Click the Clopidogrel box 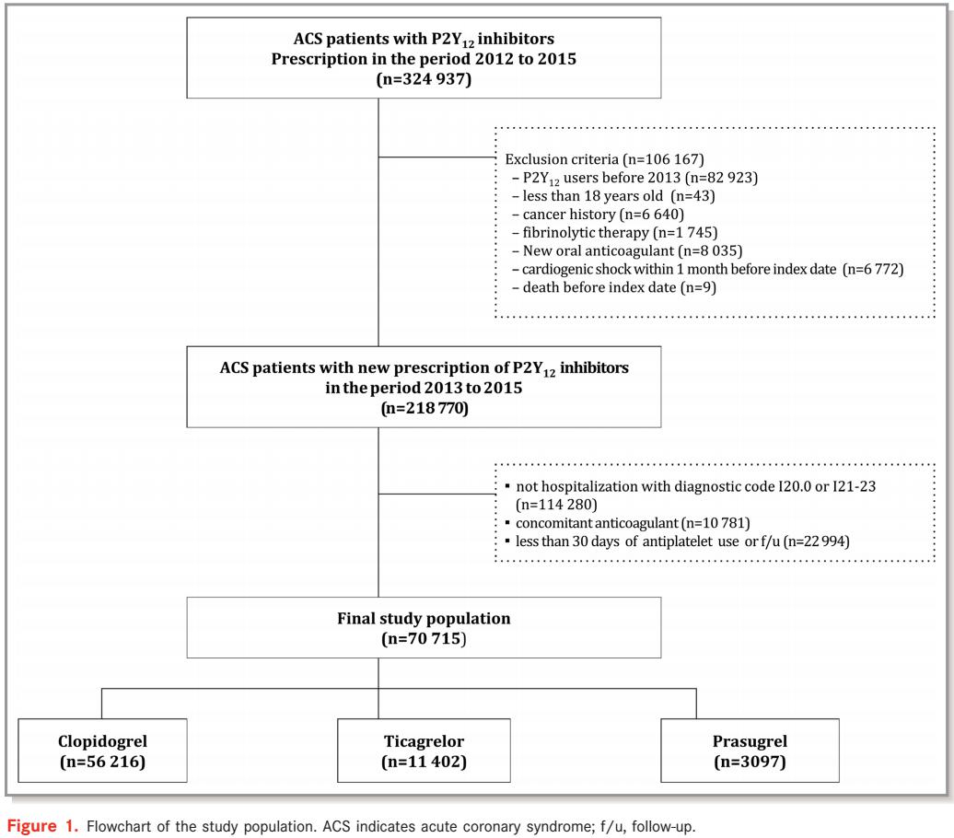tap(102, 751)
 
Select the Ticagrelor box tap(424, 751)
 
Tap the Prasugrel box tap(750, 751)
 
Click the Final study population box tap(424, 627)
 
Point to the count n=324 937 tap(424, 79)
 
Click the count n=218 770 tap(425, 408)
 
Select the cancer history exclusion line tap(598, 215)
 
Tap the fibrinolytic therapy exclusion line tap(614, 232)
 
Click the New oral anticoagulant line tap(627, 250)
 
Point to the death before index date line tap(614, 287)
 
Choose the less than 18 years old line tap(613, 196)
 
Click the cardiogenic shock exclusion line tap(707, 269)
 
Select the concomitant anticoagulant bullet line tap(627, 523)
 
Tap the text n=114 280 tap(556, 505)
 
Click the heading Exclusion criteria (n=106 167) tap(604, 159)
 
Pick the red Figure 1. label tap(42, 826)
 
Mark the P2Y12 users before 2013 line tap(634, 179)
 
